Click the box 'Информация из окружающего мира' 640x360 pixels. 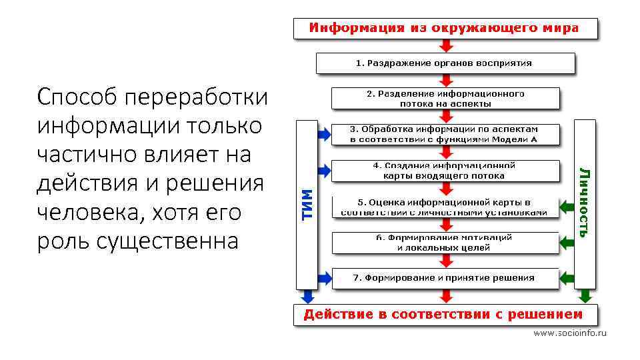tap(445, 28)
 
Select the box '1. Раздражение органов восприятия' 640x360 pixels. tap(445, 63)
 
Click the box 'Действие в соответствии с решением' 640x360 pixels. tap(445, 315)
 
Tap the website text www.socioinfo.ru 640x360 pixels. tap(570, 332)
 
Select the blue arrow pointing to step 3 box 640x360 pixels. tap(324, 133)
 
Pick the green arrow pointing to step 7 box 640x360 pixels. tap(567, 277)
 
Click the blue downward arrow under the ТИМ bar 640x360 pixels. tap(307, 296)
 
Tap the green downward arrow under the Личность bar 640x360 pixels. tap(585, 296)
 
